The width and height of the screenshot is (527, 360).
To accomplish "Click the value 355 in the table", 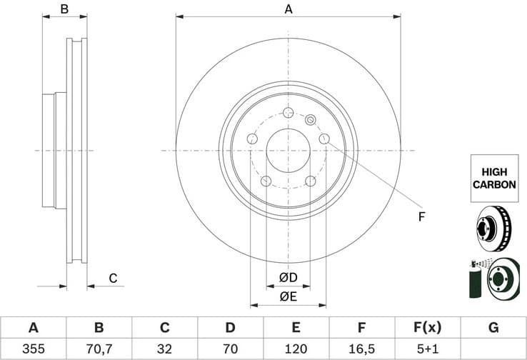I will [33, 349].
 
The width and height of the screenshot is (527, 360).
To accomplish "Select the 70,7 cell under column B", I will [99, 349].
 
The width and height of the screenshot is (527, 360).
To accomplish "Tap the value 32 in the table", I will [164, 349].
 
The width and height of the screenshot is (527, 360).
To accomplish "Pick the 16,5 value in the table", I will [362, 349].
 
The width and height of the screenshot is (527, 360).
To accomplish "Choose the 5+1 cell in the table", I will [428, 349].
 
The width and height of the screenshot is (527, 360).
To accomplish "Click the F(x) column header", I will [428, 328].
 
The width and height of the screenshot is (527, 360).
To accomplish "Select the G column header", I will [493, 328].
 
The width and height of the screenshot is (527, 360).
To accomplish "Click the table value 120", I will [296, 349].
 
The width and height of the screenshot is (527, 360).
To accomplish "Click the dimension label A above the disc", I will [288, 9].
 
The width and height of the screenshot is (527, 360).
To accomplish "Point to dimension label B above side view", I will [64, 9].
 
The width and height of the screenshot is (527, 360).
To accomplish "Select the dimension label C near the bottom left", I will [113, 278].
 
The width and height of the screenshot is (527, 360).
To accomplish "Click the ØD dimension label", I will [288, 276].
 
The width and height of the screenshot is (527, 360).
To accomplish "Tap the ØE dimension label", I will [288, 296].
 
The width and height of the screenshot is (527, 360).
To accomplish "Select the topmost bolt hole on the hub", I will [288, 113].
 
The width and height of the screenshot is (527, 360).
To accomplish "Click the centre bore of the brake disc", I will [288, 151].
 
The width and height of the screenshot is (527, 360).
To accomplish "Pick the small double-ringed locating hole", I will [310, 120].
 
